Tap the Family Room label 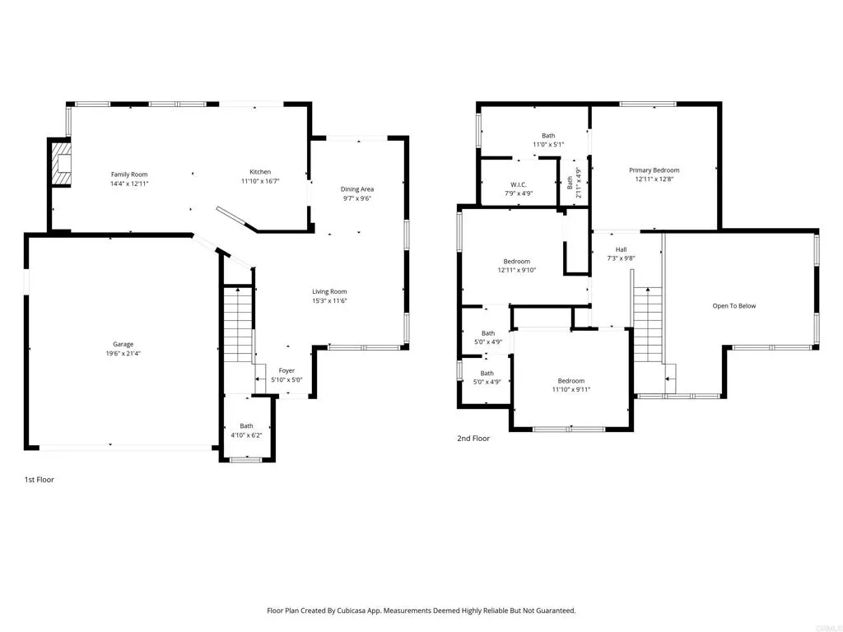pyautogui.click(x=129, y=174)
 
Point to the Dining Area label pyautogui.click(x=357, y=189)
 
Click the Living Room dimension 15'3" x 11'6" pyautogui.click(x=329, y=300)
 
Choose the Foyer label pyautogui.click(x=286, y=370)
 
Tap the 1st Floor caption pyautogui.click(x=39, y=479)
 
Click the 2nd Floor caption pyautogui.click(x=473, y=439)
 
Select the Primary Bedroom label pyautogui.click(x=654, y=170)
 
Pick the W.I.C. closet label pyautogui.click(x=518, y=184)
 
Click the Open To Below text pyautogui.click(x=734, y=306)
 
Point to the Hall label pyautogui.click(x=621, y=249)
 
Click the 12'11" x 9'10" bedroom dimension pyautogui.click(x=517, y=270)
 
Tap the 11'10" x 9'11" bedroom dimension pyautogui.click(x=571, y=389)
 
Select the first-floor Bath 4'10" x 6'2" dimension pyautogui.click(x=247, y=434)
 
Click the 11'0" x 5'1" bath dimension pyautogui.click(x=548, y=144)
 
